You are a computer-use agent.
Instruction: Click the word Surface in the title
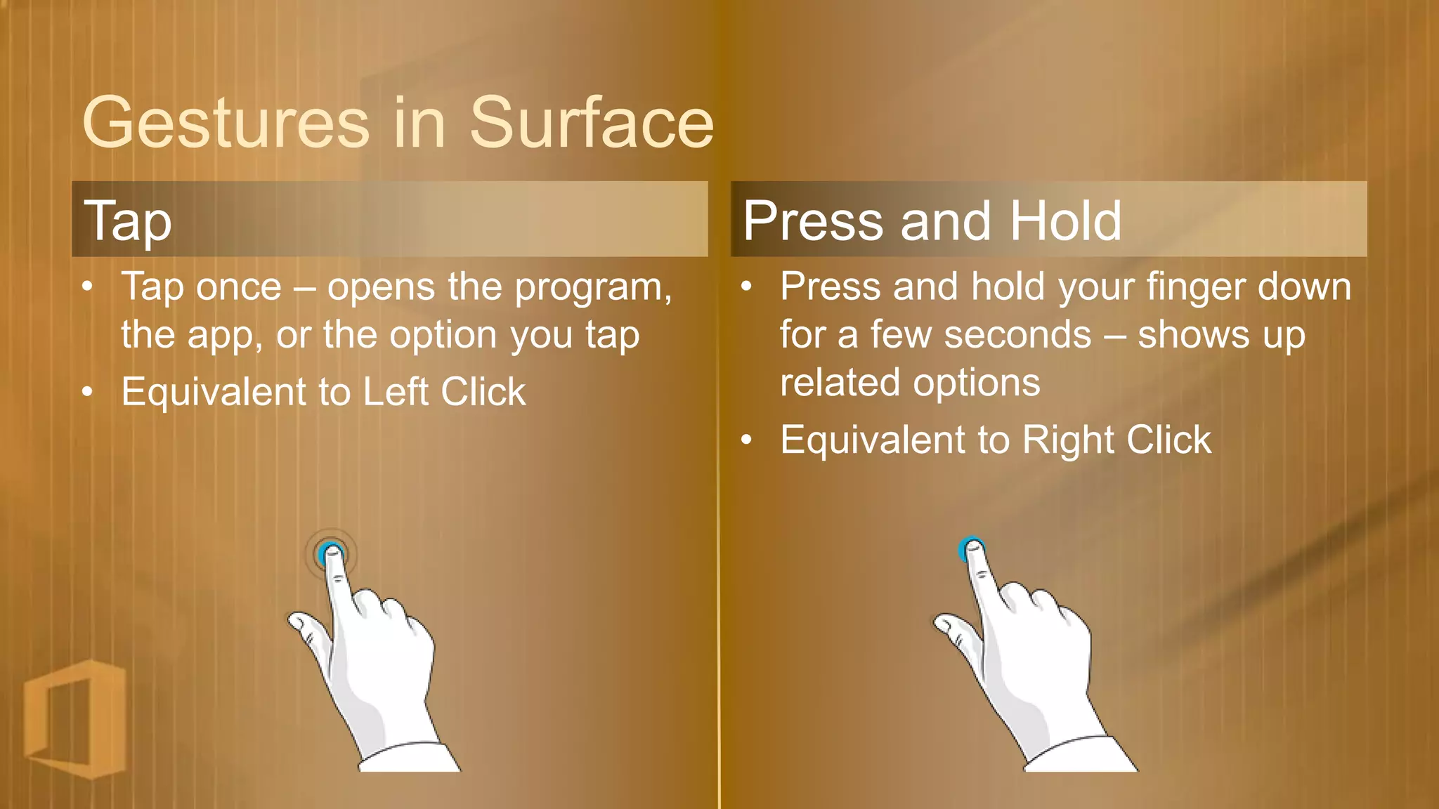[x=592, y=124]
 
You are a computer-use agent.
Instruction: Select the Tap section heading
[x=128, y=221]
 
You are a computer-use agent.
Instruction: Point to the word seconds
[x=1017, y=335]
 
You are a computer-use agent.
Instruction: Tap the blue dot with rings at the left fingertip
[x=330, y=554]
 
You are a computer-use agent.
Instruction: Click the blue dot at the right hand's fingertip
[x=970, y=548]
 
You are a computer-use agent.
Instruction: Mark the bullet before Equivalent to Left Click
[x=87, y=392]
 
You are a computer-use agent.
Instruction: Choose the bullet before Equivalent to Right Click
[x=746, y=441]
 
